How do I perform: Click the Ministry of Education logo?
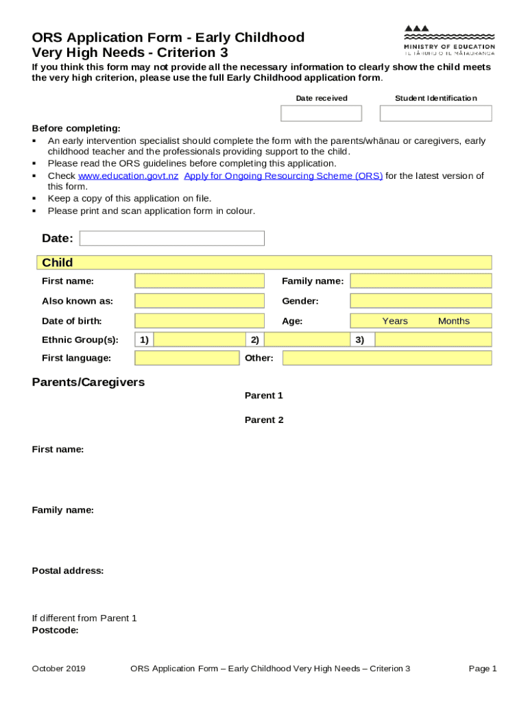point(449,40)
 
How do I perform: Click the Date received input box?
point(321,113)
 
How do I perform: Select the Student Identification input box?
point(435,113)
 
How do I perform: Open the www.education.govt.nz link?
point(128,176)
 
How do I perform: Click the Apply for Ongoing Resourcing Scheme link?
point(283,176)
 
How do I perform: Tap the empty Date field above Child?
point(171,239)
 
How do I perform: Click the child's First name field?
point(199,281)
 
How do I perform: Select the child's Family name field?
point(420,281)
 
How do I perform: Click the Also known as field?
point(199,301)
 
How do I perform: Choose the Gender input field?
point(420,301)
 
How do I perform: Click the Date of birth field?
point(199,321)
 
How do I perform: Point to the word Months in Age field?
point(453,322)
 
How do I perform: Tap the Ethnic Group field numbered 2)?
point(307,340)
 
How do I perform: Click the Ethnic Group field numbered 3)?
point(433,340)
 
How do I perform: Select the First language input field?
point(187,358)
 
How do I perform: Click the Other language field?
point(387,358)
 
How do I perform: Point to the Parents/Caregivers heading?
point(88,383)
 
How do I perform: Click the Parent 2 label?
point(264,420)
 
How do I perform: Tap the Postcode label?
point(56,630)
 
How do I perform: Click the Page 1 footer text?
point(483,669)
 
